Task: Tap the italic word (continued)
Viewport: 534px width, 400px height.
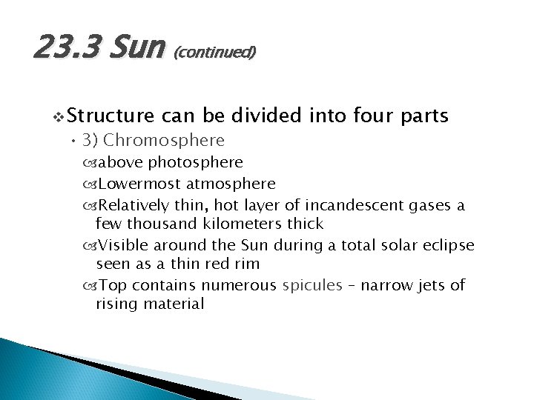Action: click(214, 53)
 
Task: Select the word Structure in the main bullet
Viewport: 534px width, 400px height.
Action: click(112, 116)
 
